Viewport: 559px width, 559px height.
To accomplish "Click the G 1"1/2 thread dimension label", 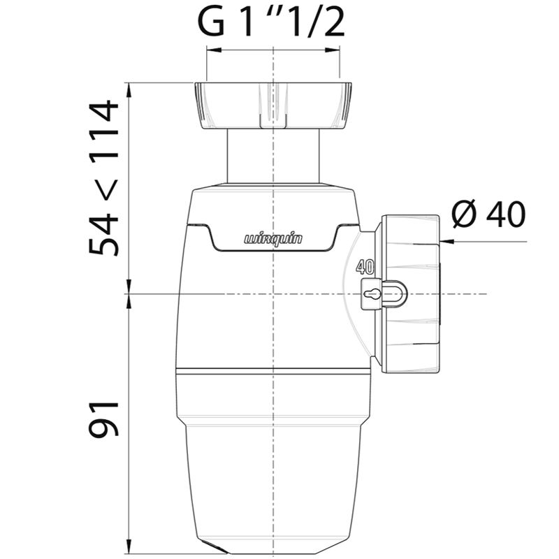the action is tap(271, 23).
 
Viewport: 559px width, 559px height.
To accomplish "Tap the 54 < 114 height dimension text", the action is tap(103, 177).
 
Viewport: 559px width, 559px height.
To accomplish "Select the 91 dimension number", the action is tap(103, 419).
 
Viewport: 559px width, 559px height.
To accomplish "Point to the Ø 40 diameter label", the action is tap(488, 214).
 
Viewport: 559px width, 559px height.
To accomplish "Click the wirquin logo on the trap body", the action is tap(273, 238).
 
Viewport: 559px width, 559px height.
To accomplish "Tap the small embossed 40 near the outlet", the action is tap(365, 266).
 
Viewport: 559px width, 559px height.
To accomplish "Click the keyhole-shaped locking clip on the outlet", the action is tap(383, 294).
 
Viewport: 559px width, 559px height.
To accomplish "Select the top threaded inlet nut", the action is tap(273, 106).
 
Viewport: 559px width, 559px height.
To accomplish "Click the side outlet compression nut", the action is tap(410, 293).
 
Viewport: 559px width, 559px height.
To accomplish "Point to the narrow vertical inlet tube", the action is tap(273, 156).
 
